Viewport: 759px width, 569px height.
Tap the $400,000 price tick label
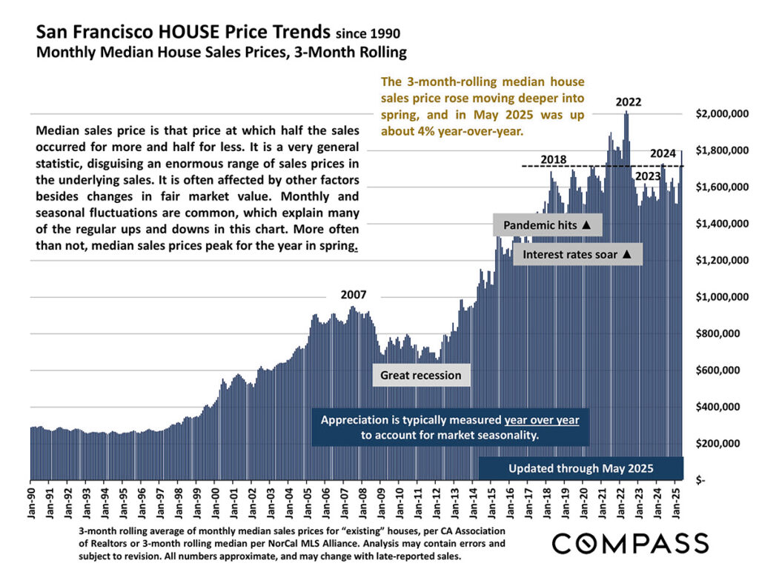722,407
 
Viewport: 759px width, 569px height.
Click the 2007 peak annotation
354,294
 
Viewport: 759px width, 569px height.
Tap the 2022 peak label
629,102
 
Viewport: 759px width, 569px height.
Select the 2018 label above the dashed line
554,159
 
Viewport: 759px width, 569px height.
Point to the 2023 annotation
648,176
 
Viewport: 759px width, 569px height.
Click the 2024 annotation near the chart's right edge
663,153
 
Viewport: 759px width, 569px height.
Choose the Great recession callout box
420,375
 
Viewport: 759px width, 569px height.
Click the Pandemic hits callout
547,224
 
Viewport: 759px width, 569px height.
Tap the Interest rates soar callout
577,254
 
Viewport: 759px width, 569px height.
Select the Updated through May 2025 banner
580,468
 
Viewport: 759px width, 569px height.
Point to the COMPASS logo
630,542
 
